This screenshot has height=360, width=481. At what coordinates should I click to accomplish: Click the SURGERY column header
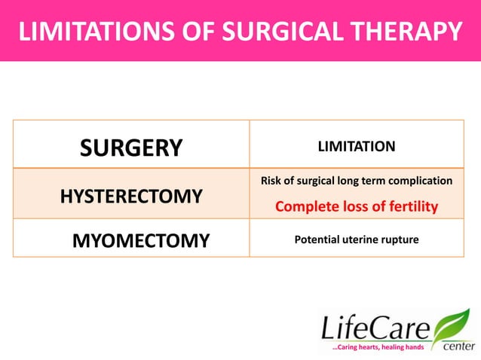131,148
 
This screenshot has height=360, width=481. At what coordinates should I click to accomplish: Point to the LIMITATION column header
356,146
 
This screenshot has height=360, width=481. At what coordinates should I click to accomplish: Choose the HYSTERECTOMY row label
131,197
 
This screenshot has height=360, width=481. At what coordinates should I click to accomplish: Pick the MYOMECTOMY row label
140,241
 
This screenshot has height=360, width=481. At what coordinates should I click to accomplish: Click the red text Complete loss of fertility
356,206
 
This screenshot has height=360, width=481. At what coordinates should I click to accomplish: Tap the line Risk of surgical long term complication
356,182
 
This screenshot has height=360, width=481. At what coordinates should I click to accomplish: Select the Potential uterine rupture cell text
356,240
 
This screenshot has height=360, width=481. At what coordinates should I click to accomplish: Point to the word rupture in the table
398,240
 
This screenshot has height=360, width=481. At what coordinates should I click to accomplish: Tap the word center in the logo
458,346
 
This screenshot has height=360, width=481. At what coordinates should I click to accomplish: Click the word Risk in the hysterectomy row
271,182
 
